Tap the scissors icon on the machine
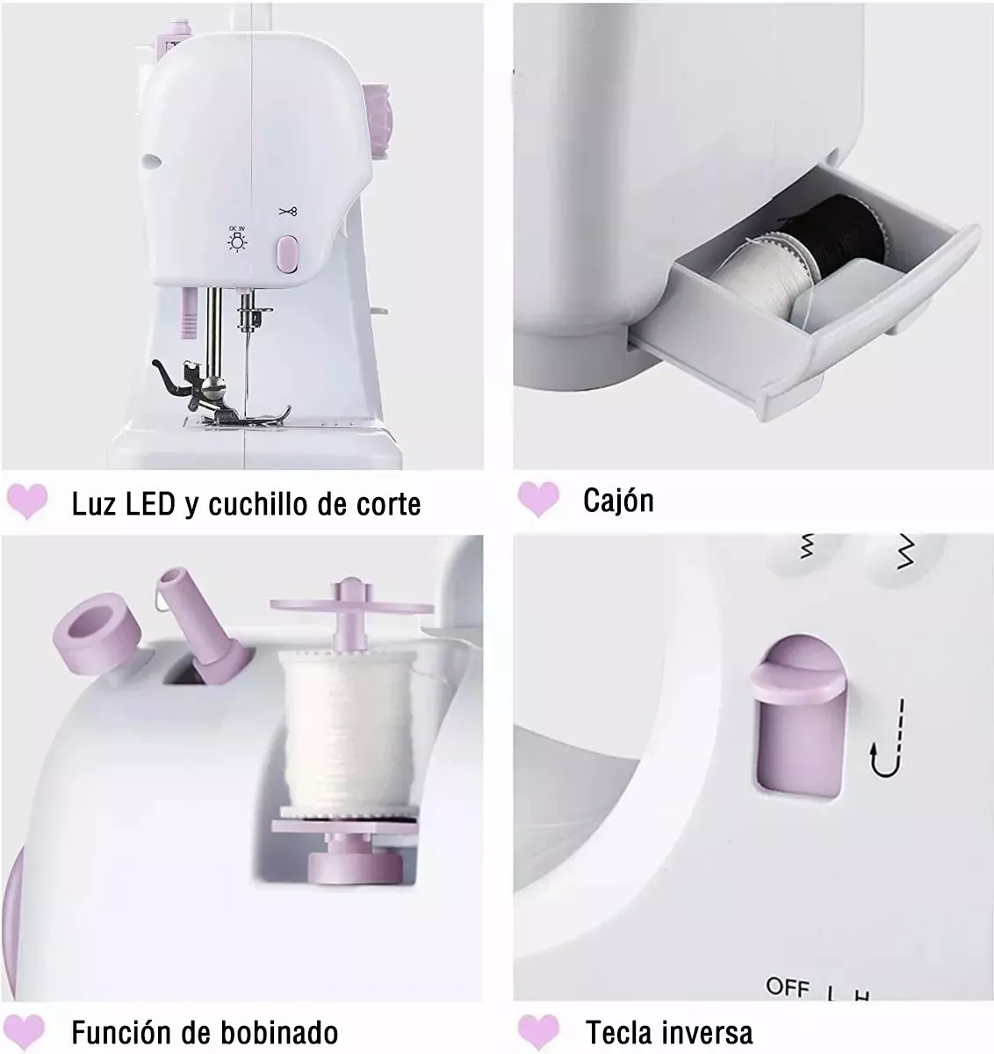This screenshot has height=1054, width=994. (x=288, y=211)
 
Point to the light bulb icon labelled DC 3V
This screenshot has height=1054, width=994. (x=236, y=240)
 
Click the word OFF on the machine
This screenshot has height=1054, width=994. (x=787, y=987)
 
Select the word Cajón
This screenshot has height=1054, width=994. (x=618, y=501)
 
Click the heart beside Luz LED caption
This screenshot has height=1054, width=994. (x=27, y=502)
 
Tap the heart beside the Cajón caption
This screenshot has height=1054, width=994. (x=538, y=498)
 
